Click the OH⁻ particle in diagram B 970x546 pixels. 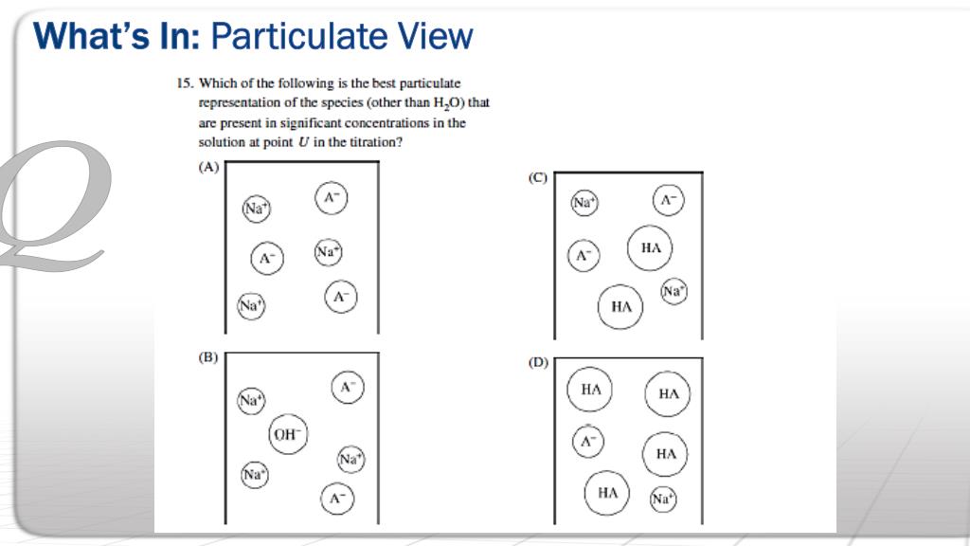point(286,434)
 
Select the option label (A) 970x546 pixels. point(207,167)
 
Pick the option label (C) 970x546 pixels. point(537,177)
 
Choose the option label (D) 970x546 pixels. point(537,363)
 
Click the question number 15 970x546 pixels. point(184,83)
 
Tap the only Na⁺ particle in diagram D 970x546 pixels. point(662,499)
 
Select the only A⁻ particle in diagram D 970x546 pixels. point(588,441)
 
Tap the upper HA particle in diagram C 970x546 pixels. point(650,248)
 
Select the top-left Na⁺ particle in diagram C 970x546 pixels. point(584,202)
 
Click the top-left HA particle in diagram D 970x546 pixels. point(591,390)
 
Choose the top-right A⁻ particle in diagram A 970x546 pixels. point(331,197)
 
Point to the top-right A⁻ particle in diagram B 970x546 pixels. point(348,387)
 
